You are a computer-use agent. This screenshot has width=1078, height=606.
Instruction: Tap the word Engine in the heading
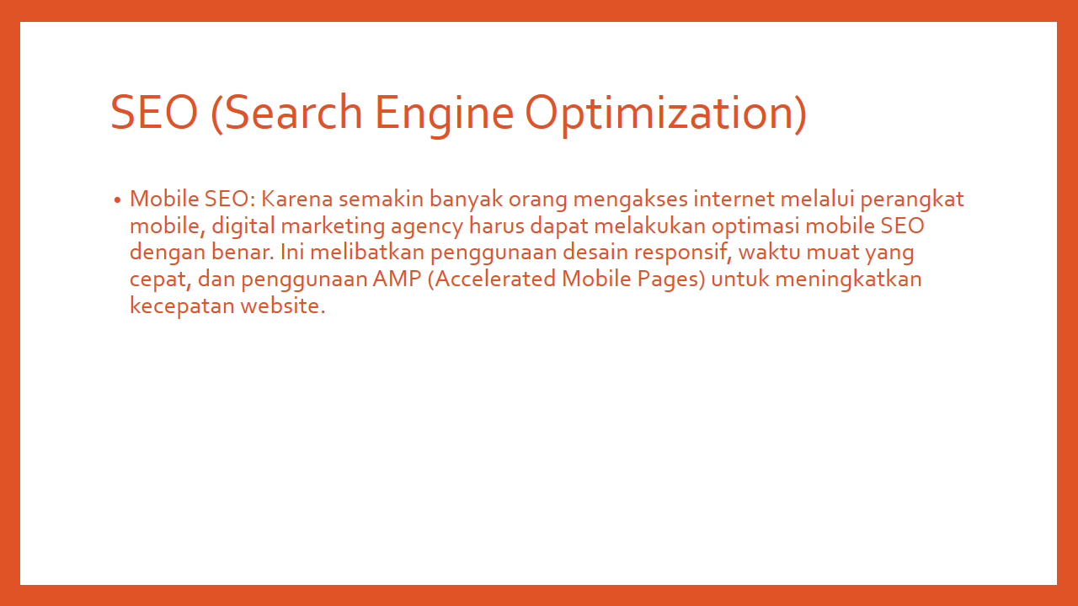pos(444,115)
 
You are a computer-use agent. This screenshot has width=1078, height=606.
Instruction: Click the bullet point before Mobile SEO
pos(117,200)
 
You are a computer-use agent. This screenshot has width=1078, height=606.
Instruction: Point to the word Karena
pos(296,199)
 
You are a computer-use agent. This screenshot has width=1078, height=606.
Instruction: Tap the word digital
pos(243,226)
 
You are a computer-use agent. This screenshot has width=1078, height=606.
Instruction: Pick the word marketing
pos(333,226)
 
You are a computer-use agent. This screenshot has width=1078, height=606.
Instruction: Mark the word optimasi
pos(755,226)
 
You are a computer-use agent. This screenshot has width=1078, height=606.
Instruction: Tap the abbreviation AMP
pos(397,279)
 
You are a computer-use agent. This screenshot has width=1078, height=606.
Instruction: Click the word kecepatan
pos(182,306)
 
